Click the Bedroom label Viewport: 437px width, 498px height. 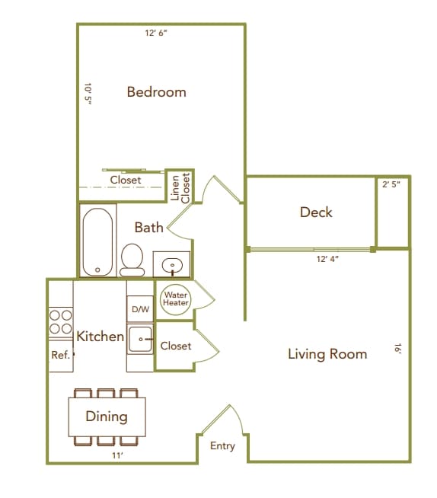tap(156, 92)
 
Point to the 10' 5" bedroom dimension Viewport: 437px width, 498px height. tap(88, 97)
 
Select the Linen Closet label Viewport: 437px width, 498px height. tap(180, 187)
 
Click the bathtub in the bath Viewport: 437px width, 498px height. tap(97, 242)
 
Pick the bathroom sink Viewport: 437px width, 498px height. tap(173, 267)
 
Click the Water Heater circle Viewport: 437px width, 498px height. tap(175, 298)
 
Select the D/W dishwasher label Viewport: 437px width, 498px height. tap(140, 309)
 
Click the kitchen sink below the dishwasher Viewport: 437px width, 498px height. tap(140, 340)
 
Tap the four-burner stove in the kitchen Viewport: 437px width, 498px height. tap(60, 322)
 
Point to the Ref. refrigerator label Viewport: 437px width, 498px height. tap(60, 355)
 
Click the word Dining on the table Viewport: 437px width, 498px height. tap(106, 417)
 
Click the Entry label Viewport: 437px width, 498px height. tap(222, 446)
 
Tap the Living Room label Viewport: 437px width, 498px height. tap(327, 354)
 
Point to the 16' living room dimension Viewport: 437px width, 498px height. tap(397, 348)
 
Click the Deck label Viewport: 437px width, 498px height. tap(316, 212)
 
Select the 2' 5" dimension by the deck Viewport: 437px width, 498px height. tap(391, 184)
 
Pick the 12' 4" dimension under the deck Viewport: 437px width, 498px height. tap(327, 259)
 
